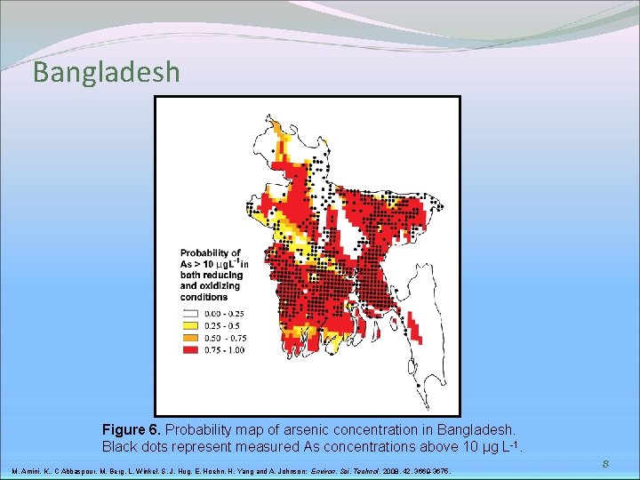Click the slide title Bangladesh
106,72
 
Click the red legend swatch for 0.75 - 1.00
188,350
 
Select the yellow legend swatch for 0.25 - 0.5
188,325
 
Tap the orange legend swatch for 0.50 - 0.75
188,338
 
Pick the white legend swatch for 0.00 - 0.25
188,314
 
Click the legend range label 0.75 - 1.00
224,350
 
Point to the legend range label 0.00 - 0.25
224,314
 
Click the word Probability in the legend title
210,253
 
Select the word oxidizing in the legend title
200,286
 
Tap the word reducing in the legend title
220,276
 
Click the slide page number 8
604,463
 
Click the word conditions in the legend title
204,297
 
